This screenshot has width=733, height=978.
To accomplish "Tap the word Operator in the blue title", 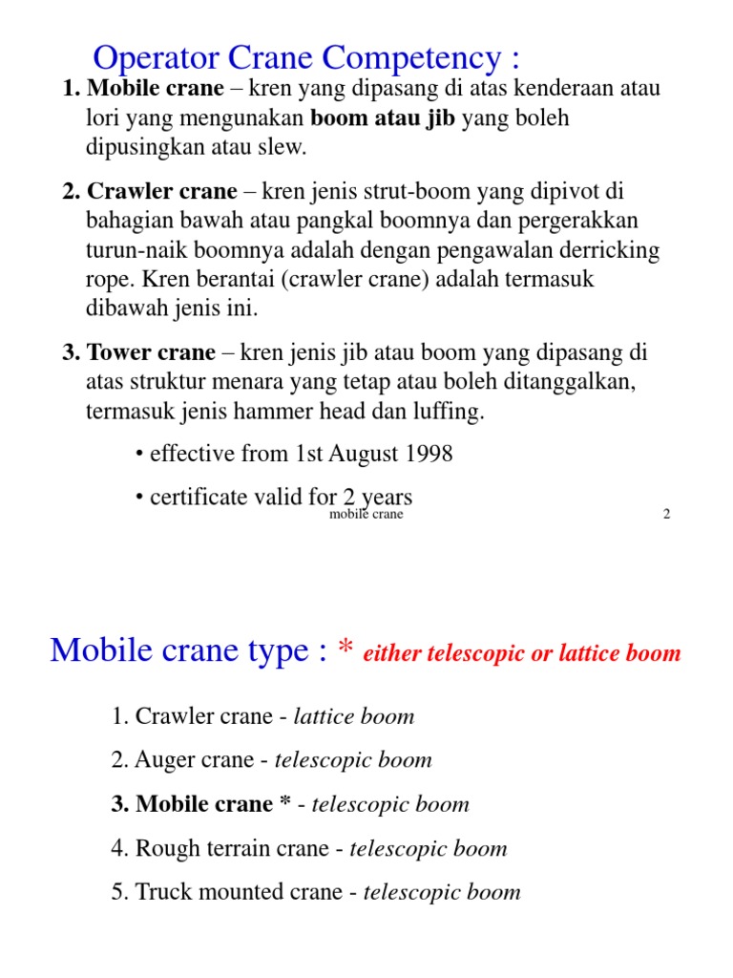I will point(153,58).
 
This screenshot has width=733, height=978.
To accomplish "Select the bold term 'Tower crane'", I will point(151,353).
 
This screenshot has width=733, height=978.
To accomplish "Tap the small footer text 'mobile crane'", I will point(366,515).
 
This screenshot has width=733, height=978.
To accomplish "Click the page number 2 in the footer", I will point(666,515).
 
